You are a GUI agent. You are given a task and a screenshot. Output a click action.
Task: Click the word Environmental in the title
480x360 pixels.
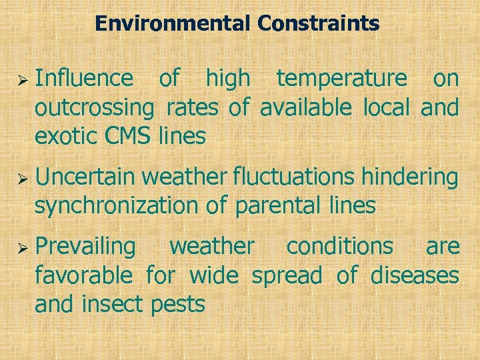click(173, 24)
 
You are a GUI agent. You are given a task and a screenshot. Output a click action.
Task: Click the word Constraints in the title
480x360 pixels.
click(319, 24)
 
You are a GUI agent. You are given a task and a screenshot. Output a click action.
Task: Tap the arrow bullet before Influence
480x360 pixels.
click(21, 79)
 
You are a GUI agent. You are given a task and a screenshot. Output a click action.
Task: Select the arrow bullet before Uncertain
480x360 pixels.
click(21, 178)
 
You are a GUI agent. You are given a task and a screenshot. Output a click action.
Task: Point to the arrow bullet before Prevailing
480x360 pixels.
click(21, 247)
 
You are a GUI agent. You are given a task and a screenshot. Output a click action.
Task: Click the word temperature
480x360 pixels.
click(341, 79)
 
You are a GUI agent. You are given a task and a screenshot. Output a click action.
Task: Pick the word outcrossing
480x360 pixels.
click(94, 107)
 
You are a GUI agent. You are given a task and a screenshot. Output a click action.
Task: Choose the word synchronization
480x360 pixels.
click(117, 206)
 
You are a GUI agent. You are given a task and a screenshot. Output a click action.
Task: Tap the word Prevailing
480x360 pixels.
click(85, 247)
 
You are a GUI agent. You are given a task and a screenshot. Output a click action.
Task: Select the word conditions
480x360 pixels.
click(339, 246)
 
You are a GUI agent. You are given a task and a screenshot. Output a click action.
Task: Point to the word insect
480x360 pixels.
click(111, 304)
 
